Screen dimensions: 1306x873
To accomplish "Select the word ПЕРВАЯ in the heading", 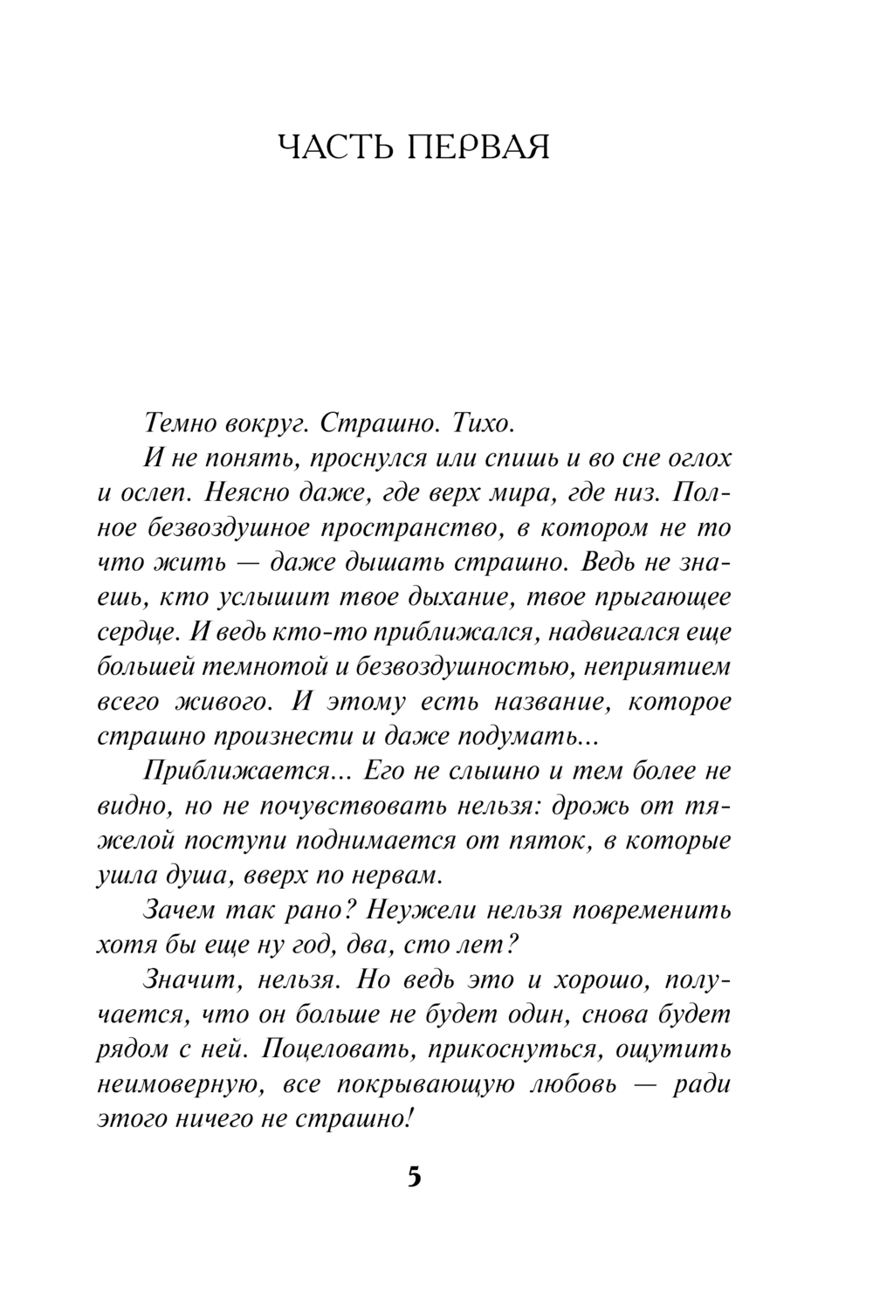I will click(x=478, y=148).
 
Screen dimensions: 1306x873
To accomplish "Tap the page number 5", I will click(x=414, y=1177).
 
